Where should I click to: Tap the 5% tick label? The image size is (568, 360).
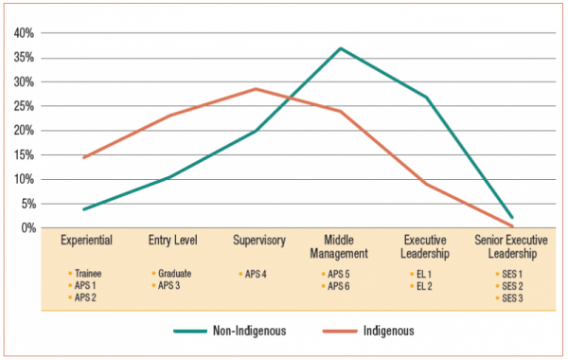coord(27,204)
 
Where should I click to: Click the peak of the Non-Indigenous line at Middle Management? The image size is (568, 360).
coord(341,48)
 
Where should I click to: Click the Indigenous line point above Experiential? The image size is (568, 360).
coord(84,157)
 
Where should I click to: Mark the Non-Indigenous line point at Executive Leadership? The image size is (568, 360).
coord(427,98)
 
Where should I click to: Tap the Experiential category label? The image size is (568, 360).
coord(85,241)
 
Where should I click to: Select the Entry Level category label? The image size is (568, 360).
coord(170,241)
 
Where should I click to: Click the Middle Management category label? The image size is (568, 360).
coord(341,246)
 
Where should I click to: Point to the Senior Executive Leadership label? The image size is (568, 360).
coord(511,246)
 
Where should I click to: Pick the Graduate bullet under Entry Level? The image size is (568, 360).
coord(174,273)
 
